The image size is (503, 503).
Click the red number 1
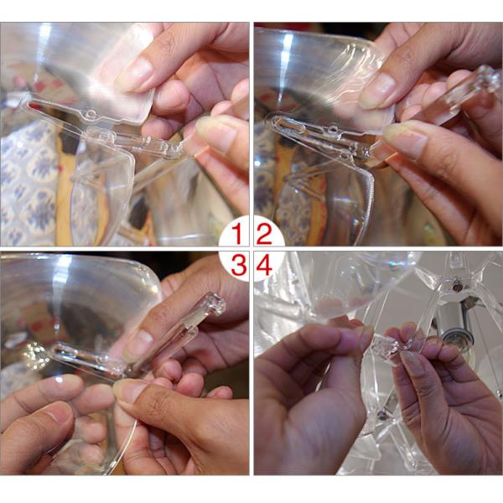tap(236, 234)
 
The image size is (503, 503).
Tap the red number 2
tap(264, 234)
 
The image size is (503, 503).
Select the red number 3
tap(239, 265)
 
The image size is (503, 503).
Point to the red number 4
tap(264, 265)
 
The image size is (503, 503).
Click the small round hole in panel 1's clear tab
tap(91, 113)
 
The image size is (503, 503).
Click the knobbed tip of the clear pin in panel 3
tap(216, 303)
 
